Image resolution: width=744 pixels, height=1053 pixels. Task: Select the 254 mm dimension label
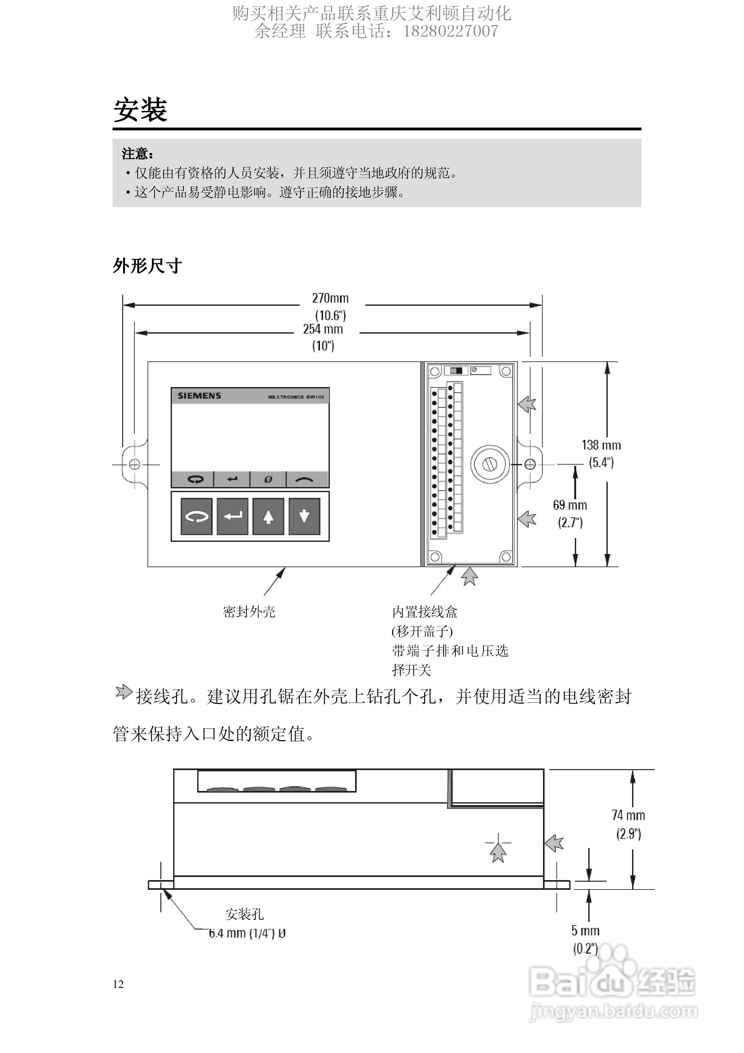point(323,329)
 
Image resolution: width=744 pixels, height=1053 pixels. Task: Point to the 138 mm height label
point(601,445)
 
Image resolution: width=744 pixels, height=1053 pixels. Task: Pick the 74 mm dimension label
point(628,815)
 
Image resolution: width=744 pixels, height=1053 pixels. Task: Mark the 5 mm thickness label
point(585,930)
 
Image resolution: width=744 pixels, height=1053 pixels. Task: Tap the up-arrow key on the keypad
point(268,517)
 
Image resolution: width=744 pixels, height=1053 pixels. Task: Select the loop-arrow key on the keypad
point(197,517)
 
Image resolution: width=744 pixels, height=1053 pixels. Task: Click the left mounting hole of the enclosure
point(134,465)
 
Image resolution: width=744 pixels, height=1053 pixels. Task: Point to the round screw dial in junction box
point(490,465)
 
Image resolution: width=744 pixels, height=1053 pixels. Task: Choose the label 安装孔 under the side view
point(244,914)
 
